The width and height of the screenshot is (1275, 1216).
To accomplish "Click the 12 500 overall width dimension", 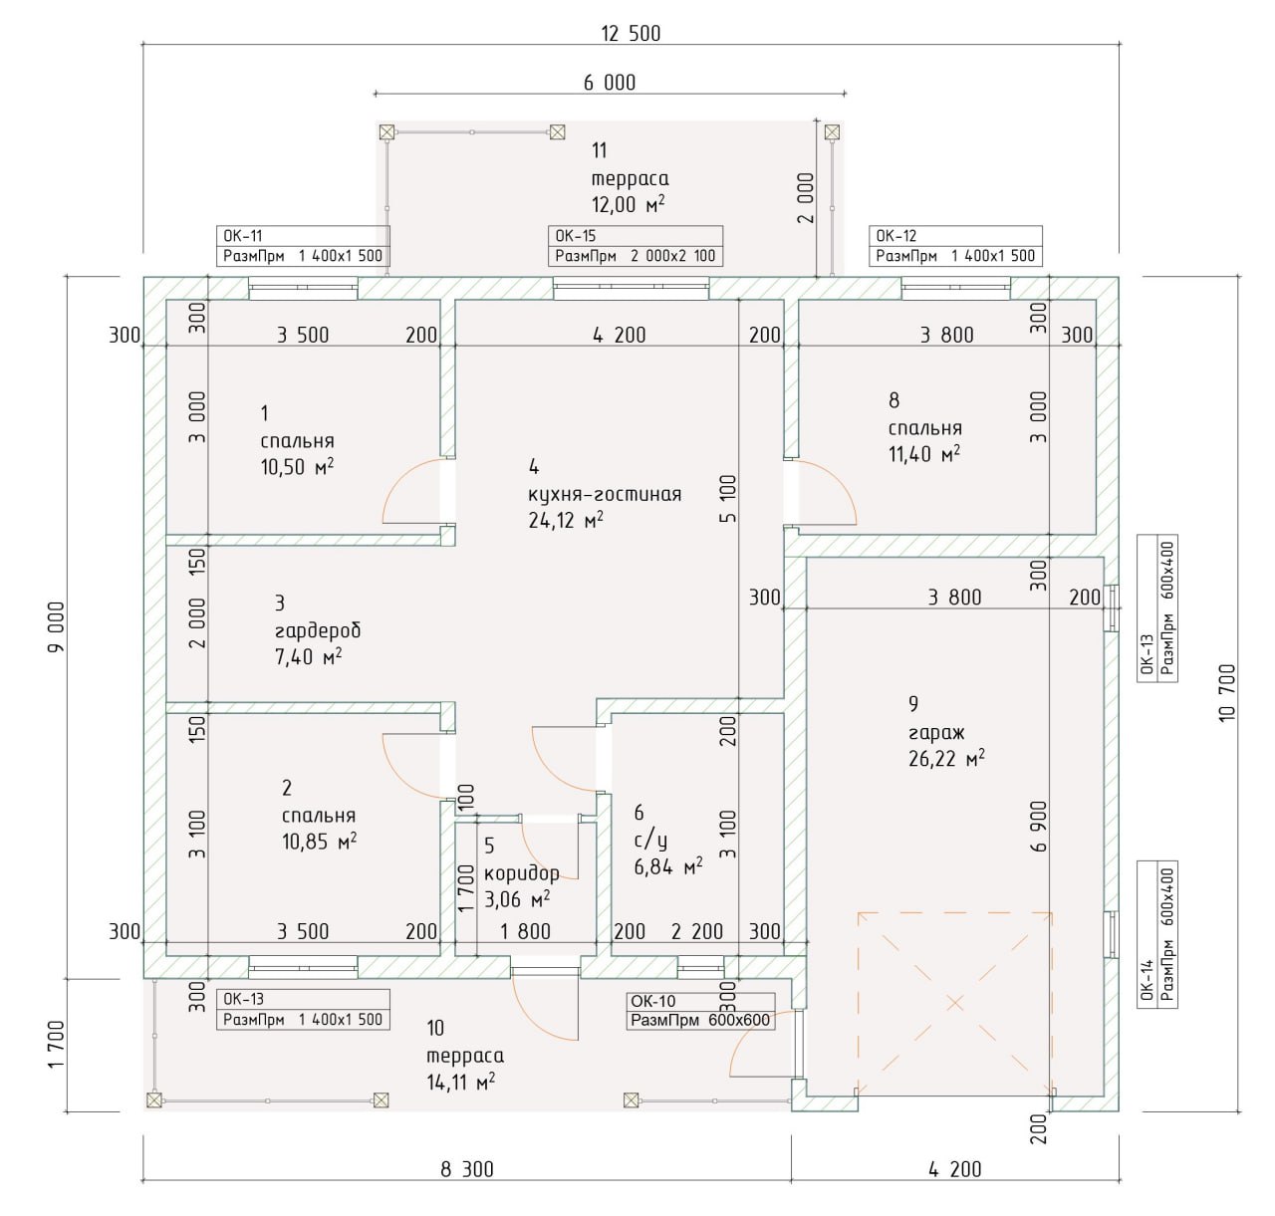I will point(631,33).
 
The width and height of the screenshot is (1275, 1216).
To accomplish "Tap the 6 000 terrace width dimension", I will point(610,83).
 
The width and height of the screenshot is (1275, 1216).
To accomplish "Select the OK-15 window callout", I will point(636,246).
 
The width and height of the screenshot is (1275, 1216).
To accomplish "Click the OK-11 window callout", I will point(303,246).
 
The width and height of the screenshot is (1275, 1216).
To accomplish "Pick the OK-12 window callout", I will point(956,246).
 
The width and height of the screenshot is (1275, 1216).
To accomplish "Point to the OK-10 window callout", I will point(700,1011).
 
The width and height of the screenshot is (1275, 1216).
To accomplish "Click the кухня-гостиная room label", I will point(605,494).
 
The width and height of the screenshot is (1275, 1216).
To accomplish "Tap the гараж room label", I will point(936,733).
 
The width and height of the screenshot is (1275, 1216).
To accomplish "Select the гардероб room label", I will point(318,630).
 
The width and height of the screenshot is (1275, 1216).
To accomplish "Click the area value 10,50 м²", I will point(297,467).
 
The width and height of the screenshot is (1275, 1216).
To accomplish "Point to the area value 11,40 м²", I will point(924,454).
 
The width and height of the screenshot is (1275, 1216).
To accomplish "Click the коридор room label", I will point(522,873).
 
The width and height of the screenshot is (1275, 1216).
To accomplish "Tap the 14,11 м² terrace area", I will point(461,1082).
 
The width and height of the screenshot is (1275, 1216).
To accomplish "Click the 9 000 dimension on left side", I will point(55,627).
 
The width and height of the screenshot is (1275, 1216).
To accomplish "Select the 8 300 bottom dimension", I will point(467,1169).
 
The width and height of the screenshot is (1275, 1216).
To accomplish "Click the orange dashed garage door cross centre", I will point(955,1003).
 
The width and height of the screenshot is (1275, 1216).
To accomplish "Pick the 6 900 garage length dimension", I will point(1039,827).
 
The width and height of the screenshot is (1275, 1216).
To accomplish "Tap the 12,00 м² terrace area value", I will point(628,205).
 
